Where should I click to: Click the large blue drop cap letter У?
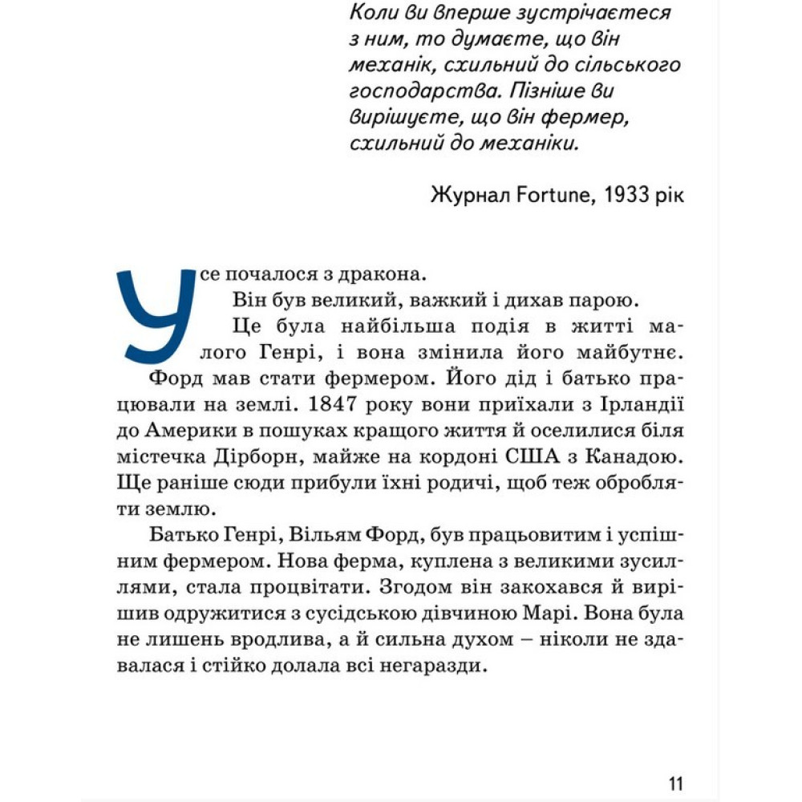point(156,313)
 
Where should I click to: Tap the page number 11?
point(674,783)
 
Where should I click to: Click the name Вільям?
point(305,535)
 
